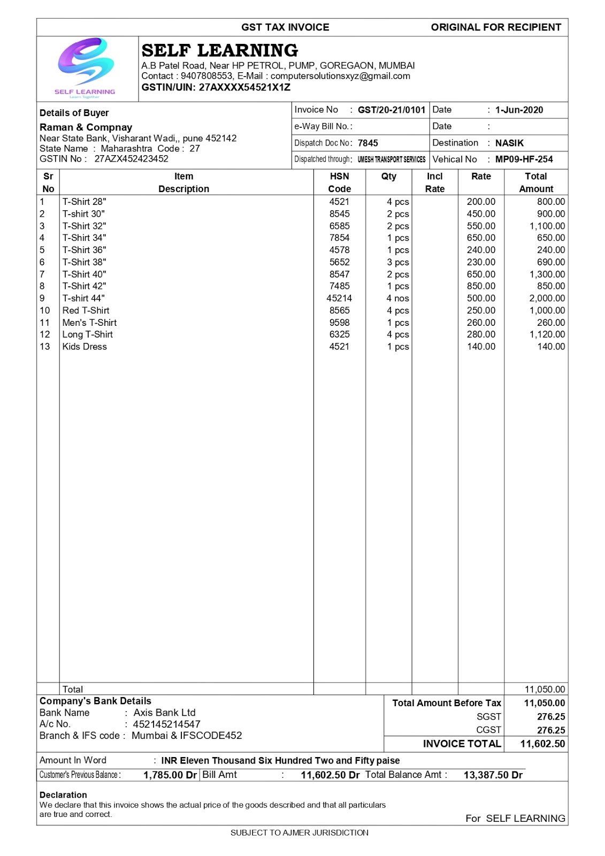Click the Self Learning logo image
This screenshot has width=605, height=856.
pos(86,66)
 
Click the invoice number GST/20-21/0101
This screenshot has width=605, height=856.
pos(391,110)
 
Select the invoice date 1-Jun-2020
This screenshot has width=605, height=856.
pos(519,110)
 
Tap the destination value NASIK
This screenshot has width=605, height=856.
pos(509,143)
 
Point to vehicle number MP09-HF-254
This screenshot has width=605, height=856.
pos(524,159)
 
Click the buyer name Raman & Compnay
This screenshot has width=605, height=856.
pos(86,127)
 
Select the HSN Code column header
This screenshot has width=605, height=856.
pos(339,182)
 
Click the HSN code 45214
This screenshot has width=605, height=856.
pos(339,299)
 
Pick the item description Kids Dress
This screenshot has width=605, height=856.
pos(85,347)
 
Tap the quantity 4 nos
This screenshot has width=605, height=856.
pos(397,299)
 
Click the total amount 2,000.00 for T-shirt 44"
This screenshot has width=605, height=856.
pos(547,299)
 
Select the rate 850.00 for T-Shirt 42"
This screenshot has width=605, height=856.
pos(481,286)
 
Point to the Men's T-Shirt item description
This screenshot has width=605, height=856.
pos(89,323)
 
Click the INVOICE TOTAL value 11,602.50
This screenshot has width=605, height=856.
pos(542,744)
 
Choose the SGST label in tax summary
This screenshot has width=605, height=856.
pos(488,717)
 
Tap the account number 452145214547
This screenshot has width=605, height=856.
pos(166,724)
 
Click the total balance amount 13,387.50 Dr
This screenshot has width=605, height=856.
pos(493,775)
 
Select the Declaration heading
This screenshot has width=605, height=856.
pos(63,795)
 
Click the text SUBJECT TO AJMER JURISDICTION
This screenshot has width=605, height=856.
pos(299,833)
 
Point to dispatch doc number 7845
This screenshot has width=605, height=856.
pos(367,143)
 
